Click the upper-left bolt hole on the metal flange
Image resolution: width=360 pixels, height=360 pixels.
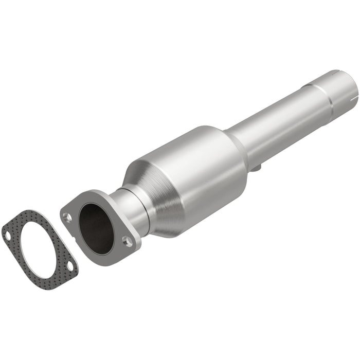point(67,217)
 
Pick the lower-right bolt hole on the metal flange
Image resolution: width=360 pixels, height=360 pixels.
point(128,240)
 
